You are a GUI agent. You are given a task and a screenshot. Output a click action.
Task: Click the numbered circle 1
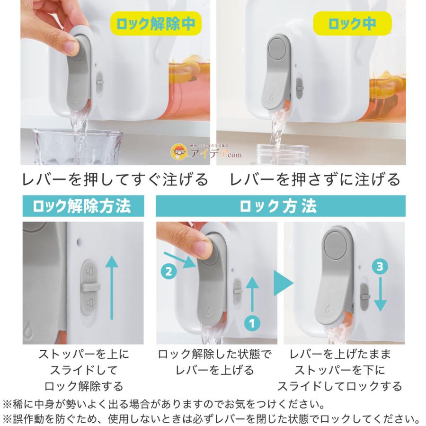point(252,323)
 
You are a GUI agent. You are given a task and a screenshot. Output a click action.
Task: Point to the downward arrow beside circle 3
point(381,296)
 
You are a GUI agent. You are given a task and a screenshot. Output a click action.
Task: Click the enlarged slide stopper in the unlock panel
point(90,289)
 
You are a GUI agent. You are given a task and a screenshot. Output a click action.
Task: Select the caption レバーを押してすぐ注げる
point(115,179)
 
